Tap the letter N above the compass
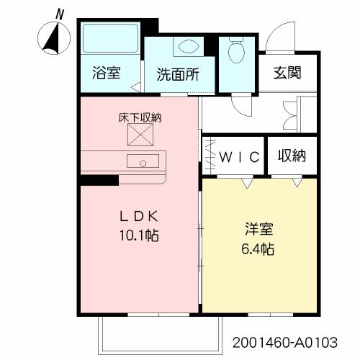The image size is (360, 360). point(60,14)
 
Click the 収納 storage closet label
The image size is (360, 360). point(291,155)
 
